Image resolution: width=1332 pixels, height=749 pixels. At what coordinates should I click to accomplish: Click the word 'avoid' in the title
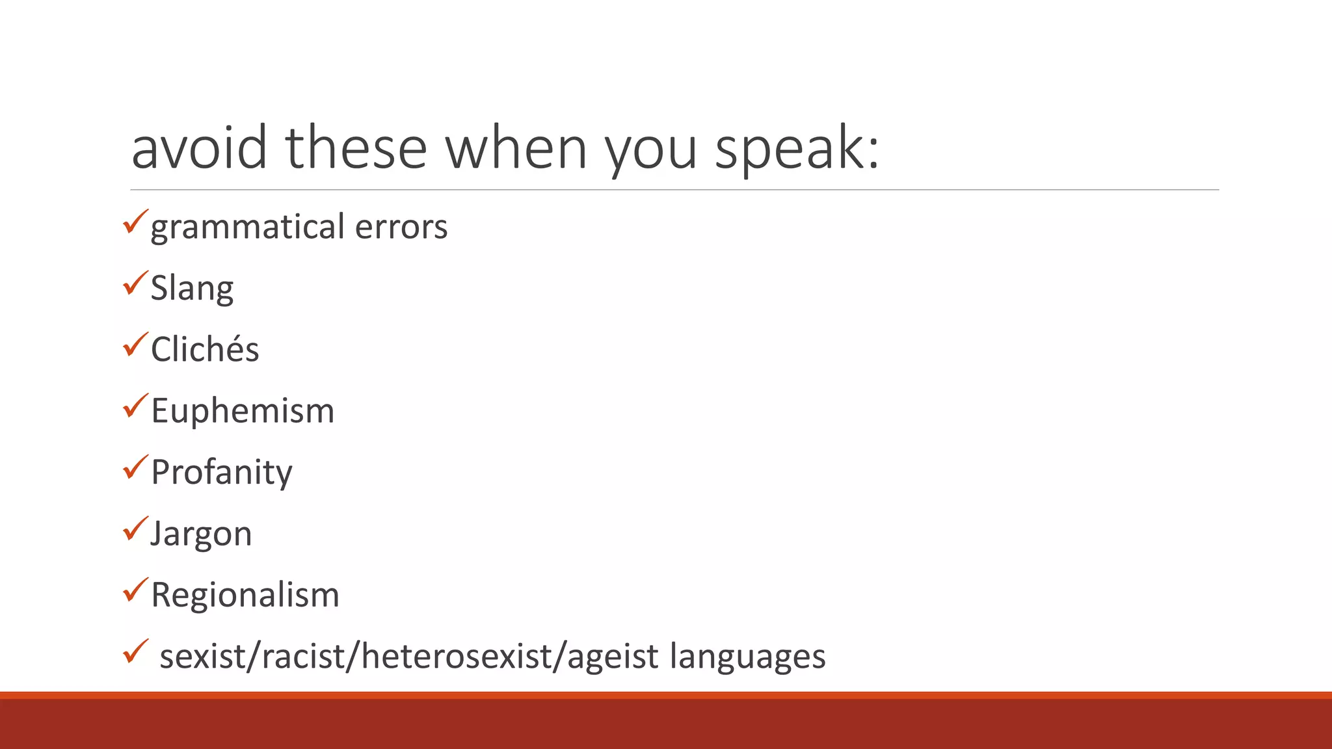[x=199, y=148]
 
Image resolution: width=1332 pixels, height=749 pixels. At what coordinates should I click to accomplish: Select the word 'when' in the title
[x=516, y=148]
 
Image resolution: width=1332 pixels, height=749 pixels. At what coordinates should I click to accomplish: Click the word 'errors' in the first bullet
[x=401, y=228]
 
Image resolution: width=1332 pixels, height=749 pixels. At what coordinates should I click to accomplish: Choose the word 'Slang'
[x=192, y=289]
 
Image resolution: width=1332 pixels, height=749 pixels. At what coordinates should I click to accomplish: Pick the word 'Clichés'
[x=205, y=349]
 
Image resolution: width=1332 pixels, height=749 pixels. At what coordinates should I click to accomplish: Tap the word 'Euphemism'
[x=243, y=411]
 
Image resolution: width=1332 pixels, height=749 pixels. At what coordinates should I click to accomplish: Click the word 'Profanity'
[x=221, y=473]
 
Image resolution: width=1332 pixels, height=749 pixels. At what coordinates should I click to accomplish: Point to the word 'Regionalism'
[x=245, y=595]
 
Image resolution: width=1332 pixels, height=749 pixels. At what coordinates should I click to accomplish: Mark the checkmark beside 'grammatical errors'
[x=135, y=222]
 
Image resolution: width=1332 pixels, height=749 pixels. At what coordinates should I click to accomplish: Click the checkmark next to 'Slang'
[x=135, y=283]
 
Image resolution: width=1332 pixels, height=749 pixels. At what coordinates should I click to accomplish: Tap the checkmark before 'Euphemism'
[x=135, y=406]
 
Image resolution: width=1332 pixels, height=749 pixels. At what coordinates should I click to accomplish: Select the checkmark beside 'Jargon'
[x=135, y=529]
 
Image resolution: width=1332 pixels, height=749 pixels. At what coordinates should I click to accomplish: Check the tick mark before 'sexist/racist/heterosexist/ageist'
[x=135, y=651]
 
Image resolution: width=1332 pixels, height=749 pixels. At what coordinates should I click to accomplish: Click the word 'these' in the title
[x=356, y=148]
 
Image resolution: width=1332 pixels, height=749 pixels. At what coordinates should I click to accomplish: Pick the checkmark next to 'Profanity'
[x=135, y=467]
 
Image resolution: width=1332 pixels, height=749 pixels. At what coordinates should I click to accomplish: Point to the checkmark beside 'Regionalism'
[x=135, y=590]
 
